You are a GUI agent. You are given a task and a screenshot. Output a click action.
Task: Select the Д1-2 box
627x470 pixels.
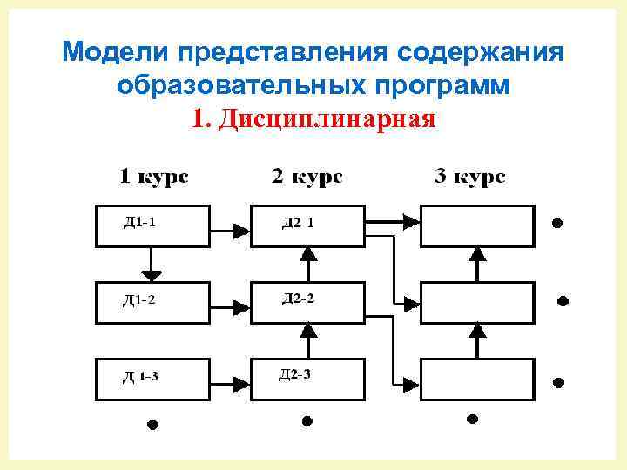tap(152, 302)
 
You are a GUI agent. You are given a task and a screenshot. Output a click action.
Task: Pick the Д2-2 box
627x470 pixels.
tap(307, 302)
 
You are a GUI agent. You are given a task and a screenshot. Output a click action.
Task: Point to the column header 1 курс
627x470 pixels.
tap(153, 177)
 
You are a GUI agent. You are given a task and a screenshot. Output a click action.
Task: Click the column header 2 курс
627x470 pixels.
tap(307, 177)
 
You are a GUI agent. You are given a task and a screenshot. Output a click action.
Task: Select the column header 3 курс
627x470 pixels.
tap(469, 177)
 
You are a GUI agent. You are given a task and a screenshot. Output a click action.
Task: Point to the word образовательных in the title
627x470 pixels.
tap(245, 85)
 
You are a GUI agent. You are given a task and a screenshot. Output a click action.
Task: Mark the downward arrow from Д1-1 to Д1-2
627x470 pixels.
tap(152, 265)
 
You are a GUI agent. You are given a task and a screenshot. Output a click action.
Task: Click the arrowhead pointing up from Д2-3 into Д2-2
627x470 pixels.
tap(307, 330)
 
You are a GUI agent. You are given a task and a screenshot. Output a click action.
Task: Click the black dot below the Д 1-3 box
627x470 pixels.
tap(152, 425)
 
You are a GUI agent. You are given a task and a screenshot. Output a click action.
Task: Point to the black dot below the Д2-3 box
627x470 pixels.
tap(307, 421)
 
